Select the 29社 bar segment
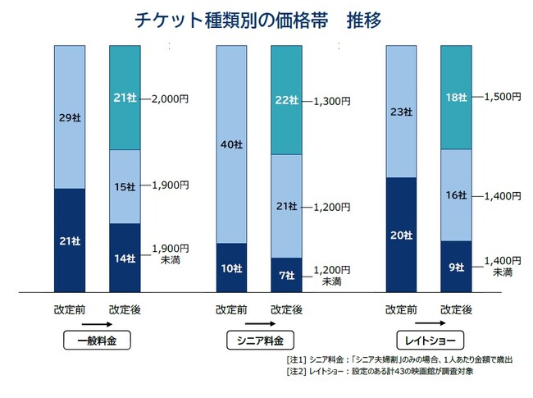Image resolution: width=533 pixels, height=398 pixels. pyautogui.click(x=70, y=117)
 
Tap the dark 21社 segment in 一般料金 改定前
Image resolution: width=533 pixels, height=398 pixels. pyautogui.click(x=70, y=240)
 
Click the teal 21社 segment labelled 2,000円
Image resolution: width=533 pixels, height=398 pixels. pyautogui.click(x=125, y=98)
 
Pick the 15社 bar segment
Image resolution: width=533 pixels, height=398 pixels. pyautogui.click(x=125, y=187)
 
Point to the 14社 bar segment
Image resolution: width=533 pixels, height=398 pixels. pyautogui.click(x=125, y=258)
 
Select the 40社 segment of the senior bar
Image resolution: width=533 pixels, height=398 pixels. pyautogui.click(x=231, y=144)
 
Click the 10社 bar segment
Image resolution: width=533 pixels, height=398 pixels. pyautogui.click(x=231, y=268)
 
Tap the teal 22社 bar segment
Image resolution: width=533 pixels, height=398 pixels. pyautogui.click(x=286, y=100)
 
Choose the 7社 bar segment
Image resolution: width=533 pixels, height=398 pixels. pyautogui.click(x=286, y=275)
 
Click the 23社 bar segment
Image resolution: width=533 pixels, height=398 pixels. pyautogui.click(x=401, y=112)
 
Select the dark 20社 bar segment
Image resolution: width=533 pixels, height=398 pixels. pyautogui.click(x=401, y=235)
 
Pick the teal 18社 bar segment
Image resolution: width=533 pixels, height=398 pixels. pyautogui.click(x=456, y=98)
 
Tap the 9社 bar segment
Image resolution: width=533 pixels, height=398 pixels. pyautogui.click(x=456, y=266)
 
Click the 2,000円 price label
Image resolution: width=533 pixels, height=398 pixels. pyautogui.click(x=170, y=98)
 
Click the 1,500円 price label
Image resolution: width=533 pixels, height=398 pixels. pyautogui.click(x=503, y=97)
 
